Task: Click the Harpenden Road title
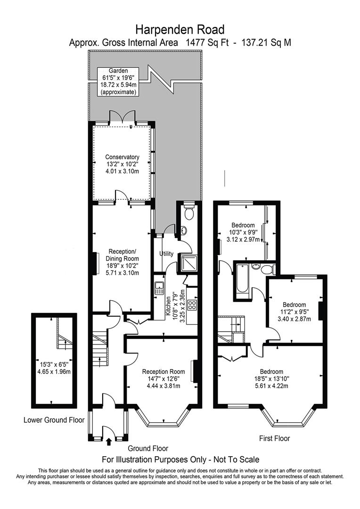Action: coord(180,30)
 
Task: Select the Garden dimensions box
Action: coord(118,82)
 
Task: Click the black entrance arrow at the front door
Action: coord(109,441)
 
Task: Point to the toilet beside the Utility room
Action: coord(188,211)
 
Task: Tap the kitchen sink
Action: coord(159,287)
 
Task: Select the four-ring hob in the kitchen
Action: coord(192,304)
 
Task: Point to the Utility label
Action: coord(166,254)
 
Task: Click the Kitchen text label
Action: coord(169,307)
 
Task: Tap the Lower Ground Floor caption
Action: coord(54,420)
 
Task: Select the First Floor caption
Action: coord(274,439)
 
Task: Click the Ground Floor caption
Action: coord(148,449)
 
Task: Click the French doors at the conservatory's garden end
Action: coord(122,117)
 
